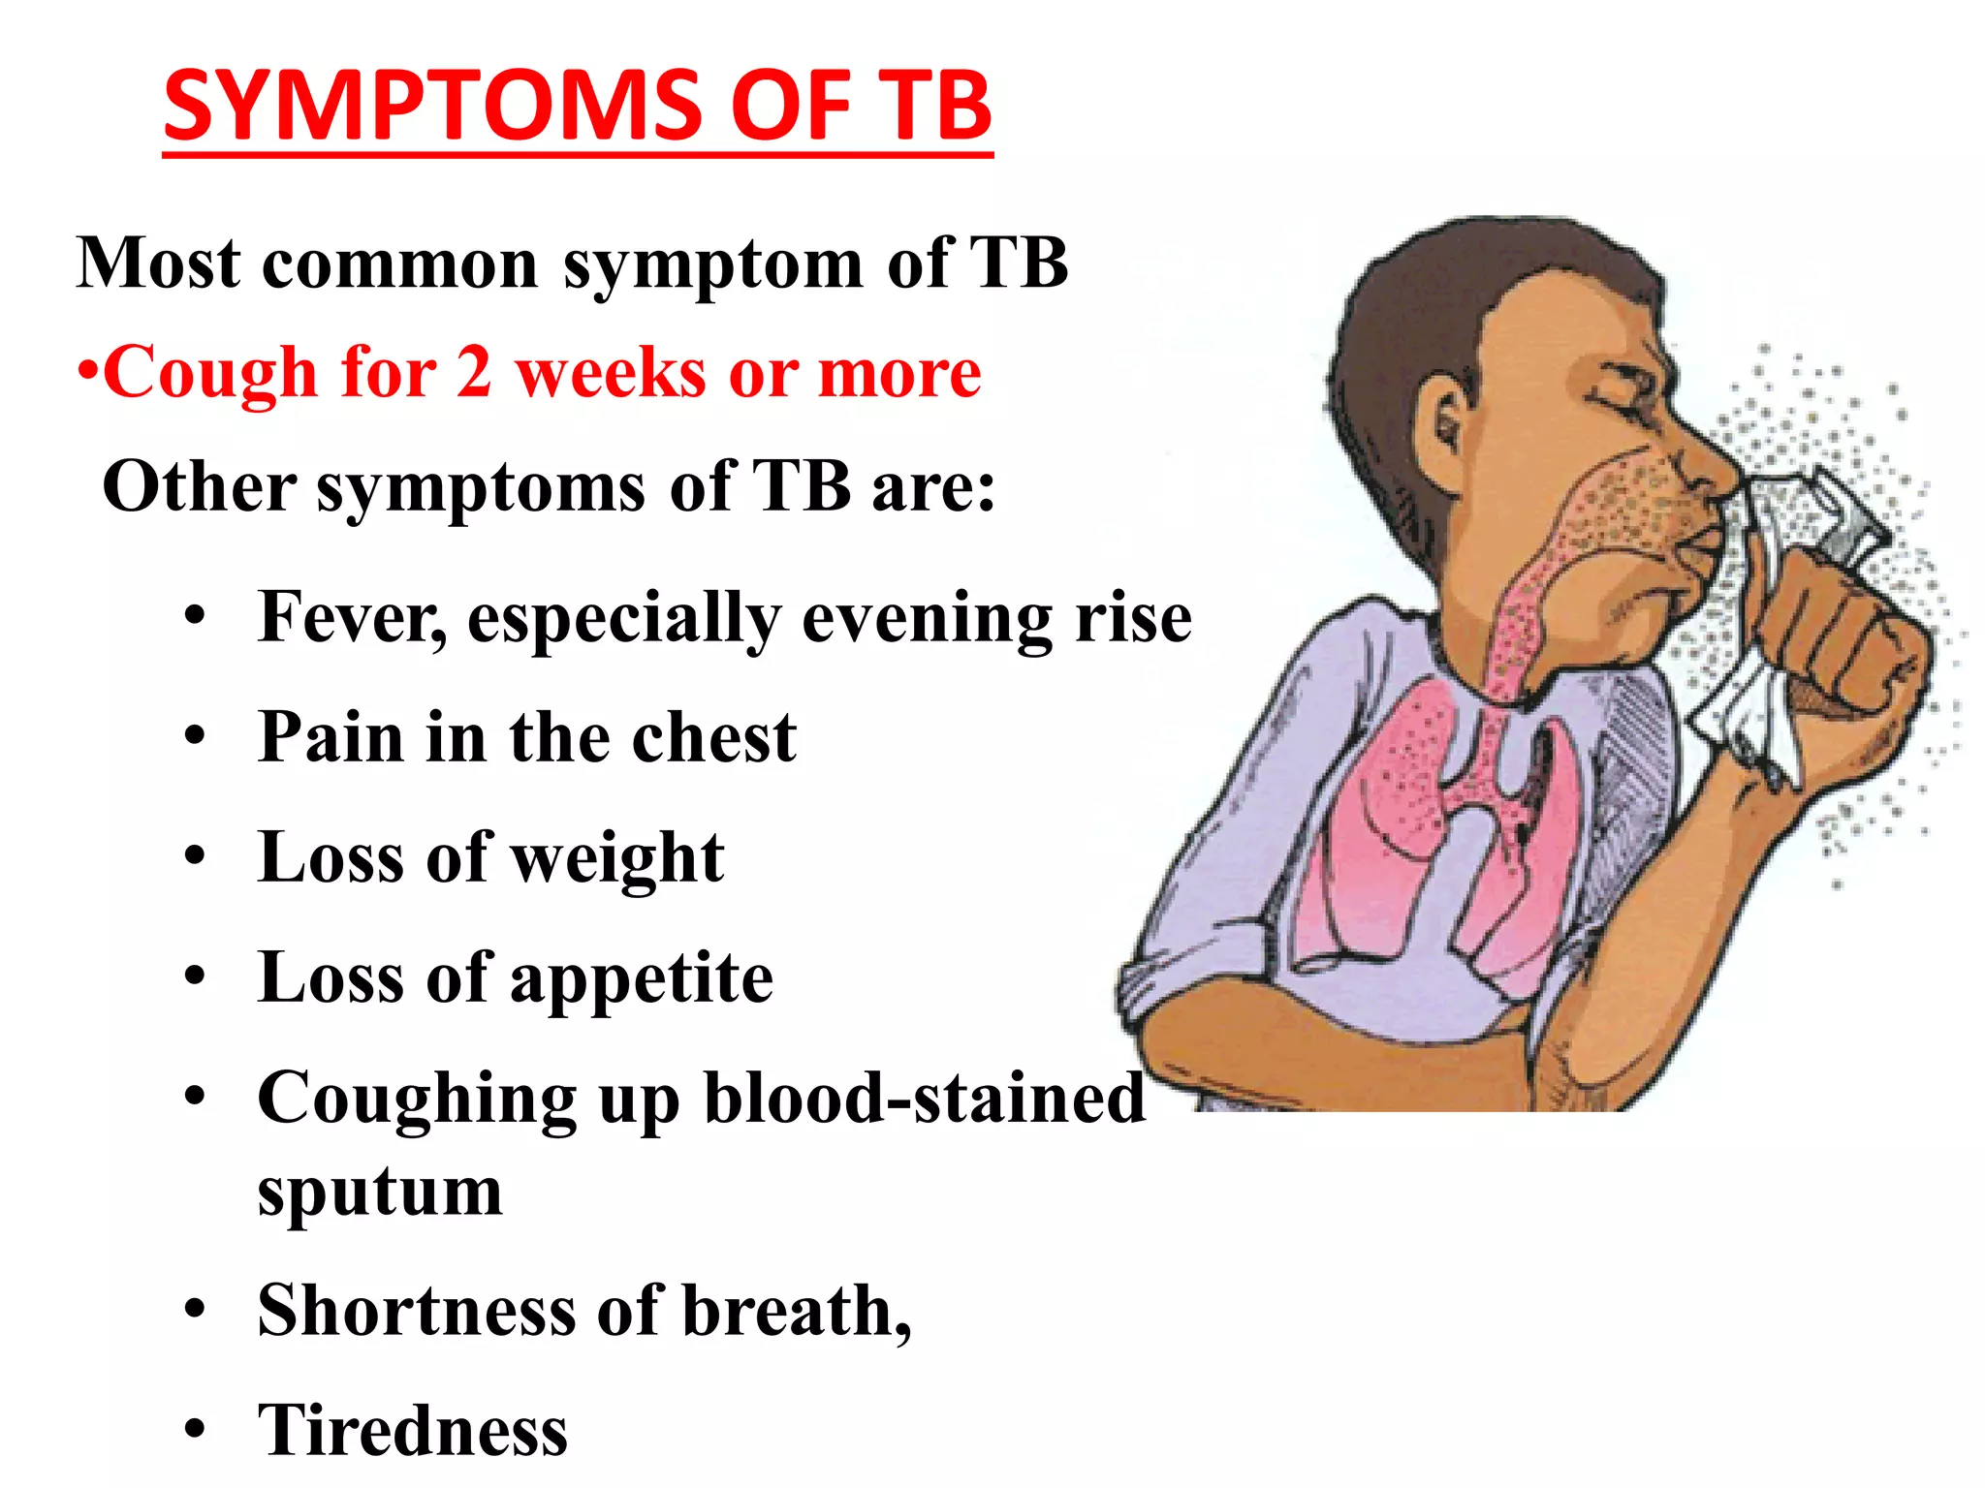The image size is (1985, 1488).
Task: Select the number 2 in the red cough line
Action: pos(474,373)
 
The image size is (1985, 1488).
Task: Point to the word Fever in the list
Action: pos(350,617)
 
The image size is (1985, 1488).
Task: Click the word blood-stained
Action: pos(924,1100)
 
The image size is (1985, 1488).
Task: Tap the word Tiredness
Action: pos(413,1431)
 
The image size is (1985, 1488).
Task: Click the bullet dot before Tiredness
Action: pos(196,1429)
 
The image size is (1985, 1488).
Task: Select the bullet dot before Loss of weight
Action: pos(196,856)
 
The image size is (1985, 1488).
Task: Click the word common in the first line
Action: pos(400,263)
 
